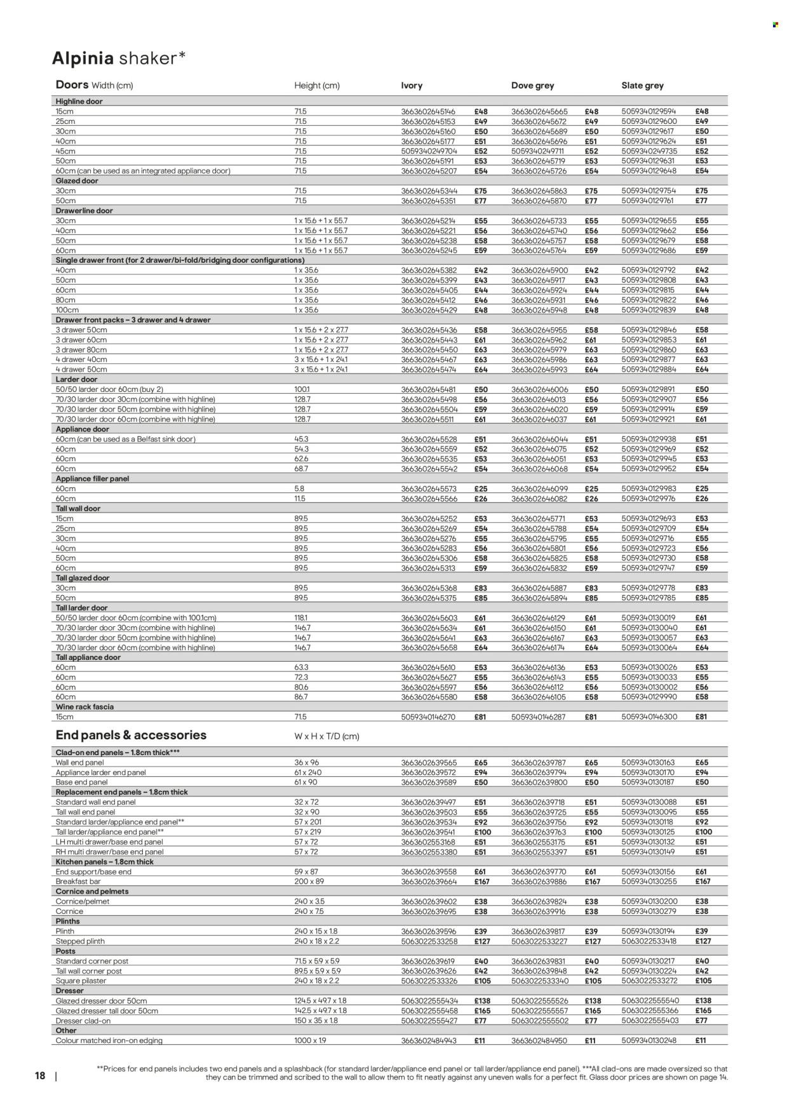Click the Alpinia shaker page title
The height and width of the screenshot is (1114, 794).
point(119,58)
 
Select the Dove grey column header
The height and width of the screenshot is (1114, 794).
point(532,85)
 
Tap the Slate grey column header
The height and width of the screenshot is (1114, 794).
point(642,85)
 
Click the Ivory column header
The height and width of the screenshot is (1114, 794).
point(412,85)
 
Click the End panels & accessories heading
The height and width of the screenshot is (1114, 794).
point(131,735)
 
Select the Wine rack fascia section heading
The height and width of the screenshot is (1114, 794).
point(84,707)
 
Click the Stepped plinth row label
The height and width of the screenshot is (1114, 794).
point(80,941)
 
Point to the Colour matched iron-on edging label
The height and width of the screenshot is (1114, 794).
point(109,1040)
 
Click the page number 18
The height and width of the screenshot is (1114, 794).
point(40,1076)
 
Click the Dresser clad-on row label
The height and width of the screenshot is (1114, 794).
point(83,1021)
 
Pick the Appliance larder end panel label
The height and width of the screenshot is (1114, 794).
point(100,772)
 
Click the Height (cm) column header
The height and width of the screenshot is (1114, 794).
point(316,85)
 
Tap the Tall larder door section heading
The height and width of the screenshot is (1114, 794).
point(81,608)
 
